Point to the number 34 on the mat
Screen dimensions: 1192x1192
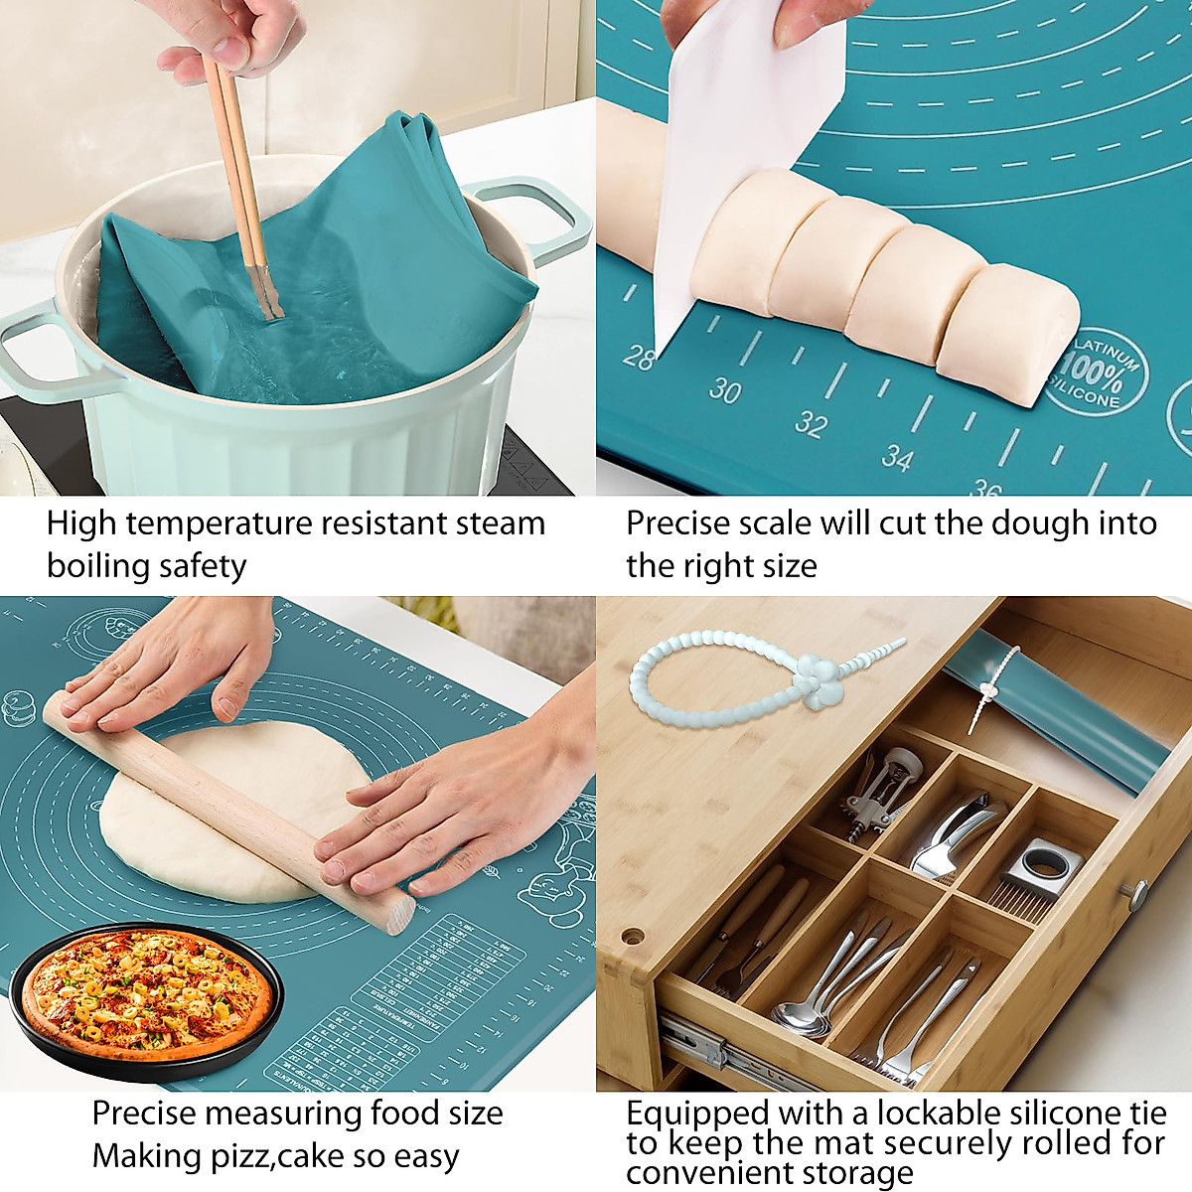(896, 458)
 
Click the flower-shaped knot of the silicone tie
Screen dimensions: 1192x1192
(819, 682)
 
